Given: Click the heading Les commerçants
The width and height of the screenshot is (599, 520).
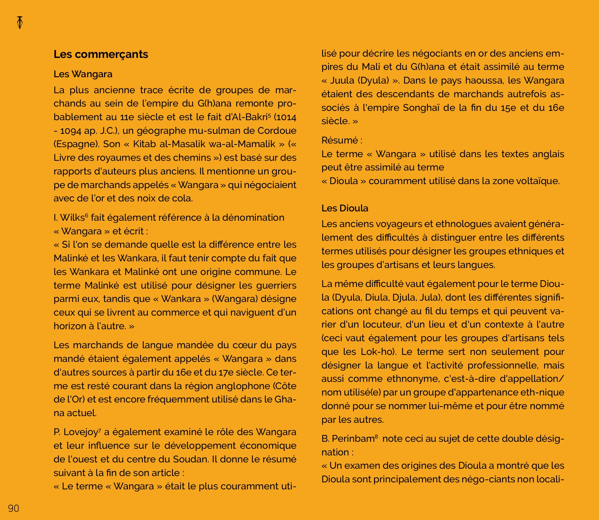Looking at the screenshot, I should coord(101,54).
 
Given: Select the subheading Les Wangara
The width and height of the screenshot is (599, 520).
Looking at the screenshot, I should coord(83,74).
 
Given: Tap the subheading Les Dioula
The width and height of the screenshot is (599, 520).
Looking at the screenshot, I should coord(345,208).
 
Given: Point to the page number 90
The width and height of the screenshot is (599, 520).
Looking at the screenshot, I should coord(14,508).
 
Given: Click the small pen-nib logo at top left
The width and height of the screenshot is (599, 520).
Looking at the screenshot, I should coord(20,23).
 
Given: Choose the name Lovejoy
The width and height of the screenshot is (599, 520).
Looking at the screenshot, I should coord(81,432).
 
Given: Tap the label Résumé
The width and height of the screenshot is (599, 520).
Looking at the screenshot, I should coord(340,140).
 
